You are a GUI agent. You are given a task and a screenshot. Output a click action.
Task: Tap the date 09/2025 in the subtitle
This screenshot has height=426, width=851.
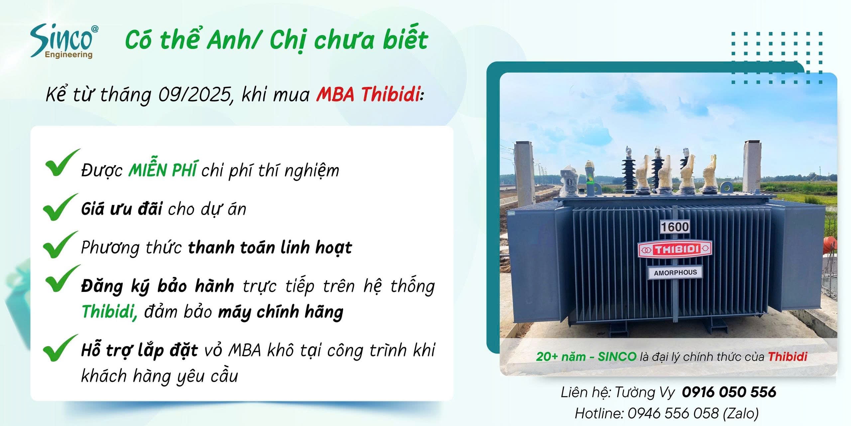tap(195, 95)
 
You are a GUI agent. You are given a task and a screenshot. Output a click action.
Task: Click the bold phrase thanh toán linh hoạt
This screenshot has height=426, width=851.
tap(270, 248)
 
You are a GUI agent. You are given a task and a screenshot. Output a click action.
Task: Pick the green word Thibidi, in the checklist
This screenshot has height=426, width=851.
tap(109, 312)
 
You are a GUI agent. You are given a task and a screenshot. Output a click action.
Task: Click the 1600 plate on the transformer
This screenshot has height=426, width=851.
tap(675, 227)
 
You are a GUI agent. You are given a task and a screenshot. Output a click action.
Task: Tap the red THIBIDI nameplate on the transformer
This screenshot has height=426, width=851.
tap(675, 249)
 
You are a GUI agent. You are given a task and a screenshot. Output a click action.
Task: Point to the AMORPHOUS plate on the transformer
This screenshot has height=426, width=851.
tap(675, 273)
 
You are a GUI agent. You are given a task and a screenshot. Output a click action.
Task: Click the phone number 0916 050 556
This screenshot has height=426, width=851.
tap(729, 392)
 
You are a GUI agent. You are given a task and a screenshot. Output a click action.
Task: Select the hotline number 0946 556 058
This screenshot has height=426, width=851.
tap(673, 413)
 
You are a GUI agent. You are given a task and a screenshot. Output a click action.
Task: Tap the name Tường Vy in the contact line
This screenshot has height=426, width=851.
tap(645, 392)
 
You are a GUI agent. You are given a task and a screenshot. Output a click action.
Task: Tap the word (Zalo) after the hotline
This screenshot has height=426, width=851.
tap(741, 414)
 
